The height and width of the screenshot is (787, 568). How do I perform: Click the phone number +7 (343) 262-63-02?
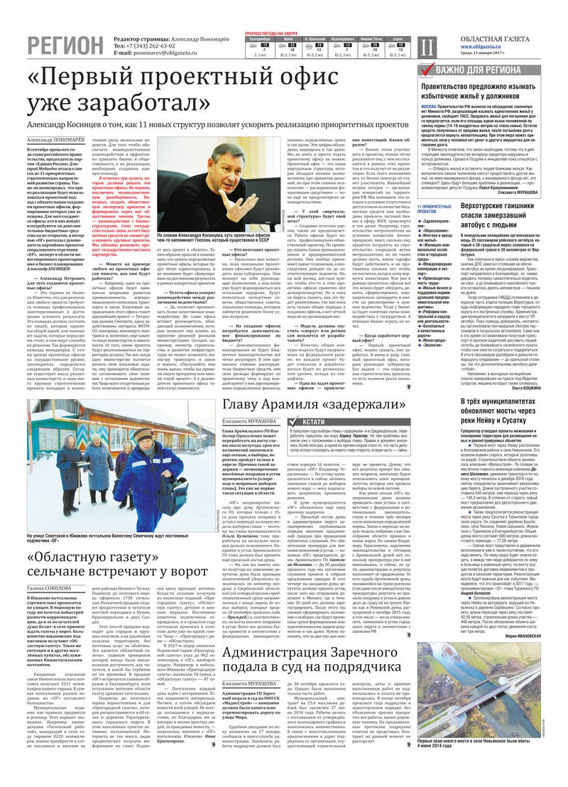point(150,45)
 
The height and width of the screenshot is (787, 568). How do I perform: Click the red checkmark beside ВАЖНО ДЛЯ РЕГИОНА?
point(425,70)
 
